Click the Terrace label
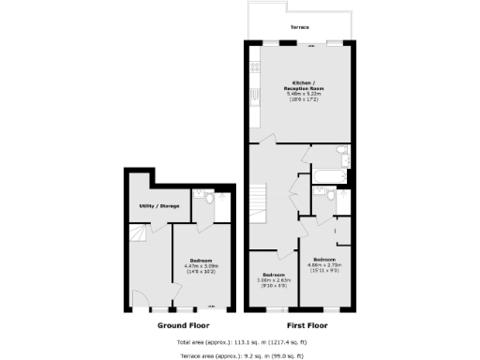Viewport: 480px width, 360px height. click(300, 29)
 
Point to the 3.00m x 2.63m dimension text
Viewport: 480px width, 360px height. click(276, 279)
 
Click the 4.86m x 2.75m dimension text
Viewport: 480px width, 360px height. click(324, 264)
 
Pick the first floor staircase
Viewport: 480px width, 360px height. click(260, 199)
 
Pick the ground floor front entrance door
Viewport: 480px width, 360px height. click(140, 302)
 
